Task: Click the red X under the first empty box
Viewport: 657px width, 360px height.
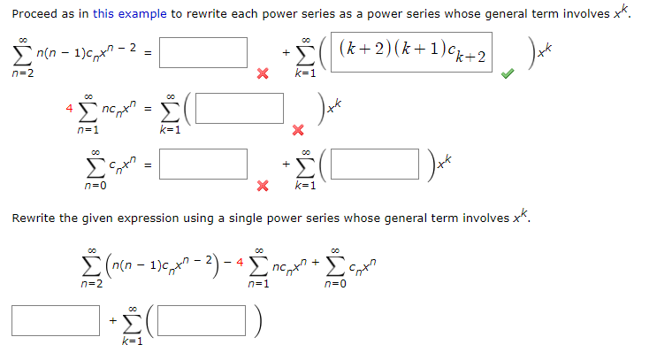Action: coord(262,74)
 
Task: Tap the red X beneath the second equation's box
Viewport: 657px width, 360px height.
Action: coord(298,131)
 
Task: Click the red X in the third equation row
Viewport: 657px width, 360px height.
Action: coord(262,186)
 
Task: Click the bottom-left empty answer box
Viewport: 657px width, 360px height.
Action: coord(56,319)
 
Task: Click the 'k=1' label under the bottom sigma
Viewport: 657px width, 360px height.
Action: coord(132,341)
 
